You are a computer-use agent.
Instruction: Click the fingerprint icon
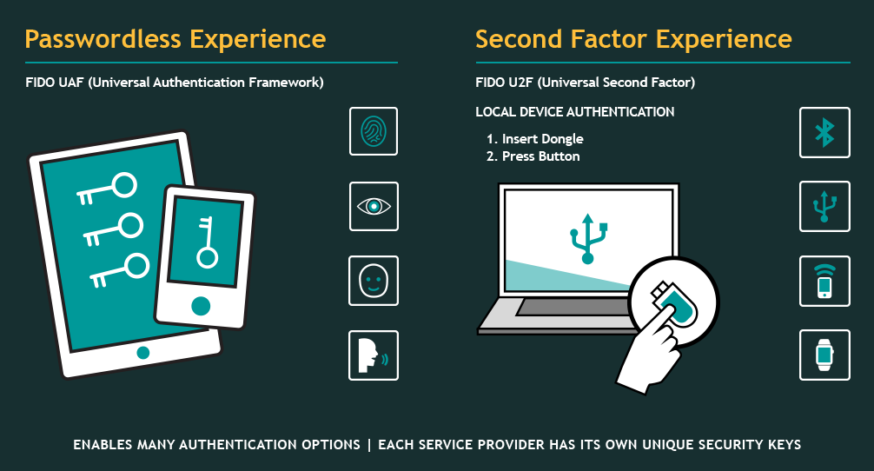click(x=374, y=131)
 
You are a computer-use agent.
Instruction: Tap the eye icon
click(x=374, y=206)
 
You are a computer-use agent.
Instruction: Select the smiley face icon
click(x=374, y=281)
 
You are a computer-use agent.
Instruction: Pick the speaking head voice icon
click(x=374, y=355)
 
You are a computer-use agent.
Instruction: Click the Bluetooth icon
click(x=824, y=133)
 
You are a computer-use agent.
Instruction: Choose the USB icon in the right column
click(x=824, y=206)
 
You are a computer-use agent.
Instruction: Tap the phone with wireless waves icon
click(x=824, y=281)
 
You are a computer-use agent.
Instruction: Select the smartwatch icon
click(x=824, y=355)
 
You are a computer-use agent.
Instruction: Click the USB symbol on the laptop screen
click(x=587, y=238)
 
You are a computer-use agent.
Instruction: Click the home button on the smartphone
click(x=201, y=306)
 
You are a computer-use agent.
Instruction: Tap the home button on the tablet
click(x=143, y=352)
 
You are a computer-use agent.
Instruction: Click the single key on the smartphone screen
click(x=207, y=242)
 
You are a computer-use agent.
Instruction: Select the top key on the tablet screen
click(x=107, y=189)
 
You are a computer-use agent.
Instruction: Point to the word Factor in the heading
click(x=609, y=39)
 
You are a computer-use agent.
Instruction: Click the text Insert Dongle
click(x=542, y=139)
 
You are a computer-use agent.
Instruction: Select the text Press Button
click(x=540, y=156)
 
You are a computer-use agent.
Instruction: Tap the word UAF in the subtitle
click(x=70, y=83)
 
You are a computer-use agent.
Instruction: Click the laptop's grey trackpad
click(x=574, y=307)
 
